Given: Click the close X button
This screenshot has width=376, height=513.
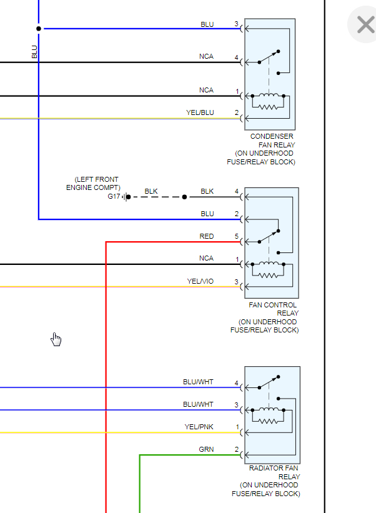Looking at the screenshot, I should tap(365, 25).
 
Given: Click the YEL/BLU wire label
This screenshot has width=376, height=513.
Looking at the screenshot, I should tap(200, 112).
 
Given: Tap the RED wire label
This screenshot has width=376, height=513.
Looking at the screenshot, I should tap(207, 236).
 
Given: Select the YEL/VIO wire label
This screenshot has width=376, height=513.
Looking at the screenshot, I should tap(200, 281).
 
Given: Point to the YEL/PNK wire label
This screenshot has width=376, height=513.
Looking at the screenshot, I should tap(199, 427).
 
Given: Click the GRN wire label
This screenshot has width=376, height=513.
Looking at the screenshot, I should tap(206, 449).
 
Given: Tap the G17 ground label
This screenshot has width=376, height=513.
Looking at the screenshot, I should tap(114, 196).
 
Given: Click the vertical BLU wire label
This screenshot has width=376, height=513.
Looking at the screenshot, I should tap(34, 51).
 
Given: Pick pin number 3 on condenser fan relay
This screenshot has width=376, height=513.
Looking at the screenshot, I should tap(237, 24).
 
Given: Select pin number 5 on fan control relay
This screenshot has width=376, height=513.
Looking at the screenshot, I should tap(237, 236).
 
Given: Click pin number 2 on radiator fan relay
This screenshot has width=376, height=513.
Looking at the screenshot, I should tap(237, 449).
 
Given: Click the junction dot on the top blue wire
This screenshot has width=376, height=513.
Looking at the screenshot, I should tap(39, 29).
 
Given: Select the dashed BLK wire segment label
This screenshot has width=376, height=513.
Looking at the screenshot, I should tap(151, 191).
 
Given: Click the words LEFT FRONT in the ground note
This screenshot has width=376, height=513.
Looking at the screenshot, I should tap(96, 179).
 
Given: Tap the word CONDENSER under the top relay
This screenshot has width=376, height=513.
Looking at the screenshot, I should tap(272, 136).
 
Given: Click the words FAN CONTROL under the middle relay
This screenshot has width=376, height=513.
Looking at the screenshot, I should tap(273, 306).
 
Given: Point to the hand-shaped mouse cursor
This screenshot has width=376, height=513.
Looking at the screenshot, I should tap(56, 339).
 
